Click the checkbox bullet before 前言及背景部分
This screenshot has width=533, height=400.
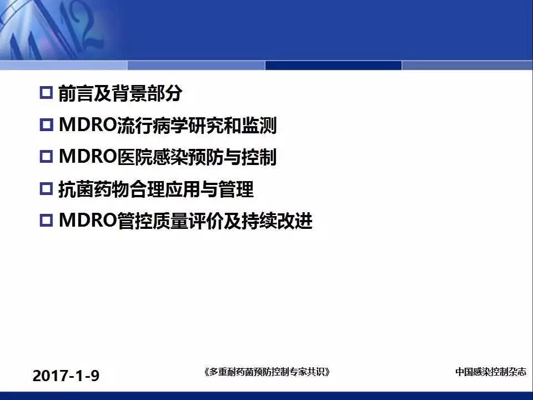(x=46, y=93)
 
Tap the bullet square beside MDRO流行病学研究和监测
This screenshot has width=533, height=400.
(x=46, y=125)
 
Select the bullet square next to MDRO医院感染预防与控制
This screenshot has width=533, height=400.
(x=46, y=157)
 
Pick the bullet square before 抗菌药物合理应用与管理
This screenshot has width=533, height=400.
(x=46, y=188)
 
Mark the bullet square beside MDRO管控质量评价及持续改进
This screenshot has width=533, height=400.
(x=46, y=220)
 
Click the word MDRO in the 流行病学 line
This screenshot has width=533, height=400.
(x=88, y=125)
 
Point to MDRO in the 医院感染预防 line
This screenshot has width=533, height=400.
(x=88, y=157)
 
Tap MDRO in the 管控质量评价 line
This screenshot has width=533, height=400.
(x=88, y=220)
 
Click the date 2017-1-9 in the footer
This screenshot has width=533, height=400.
(x=66, y=376)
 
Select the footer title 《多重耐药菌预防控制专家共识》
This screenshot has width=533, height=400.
(x=267, y=372)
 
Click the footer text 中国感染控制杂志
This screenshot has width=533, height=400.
(x=490, y=372)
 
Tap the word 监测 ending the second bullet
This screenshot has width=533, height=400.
(x=259, y=125)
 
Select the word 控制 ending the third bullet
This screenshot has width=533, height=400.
(x=259, y=157)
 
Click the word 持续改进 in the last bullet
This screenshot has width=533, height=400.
(x=277, y=221)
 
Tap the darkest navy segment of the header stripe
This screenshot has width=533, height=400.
(x=333, y=65)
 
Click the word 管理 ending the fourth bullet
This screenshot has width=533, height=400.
(x=236, y=189)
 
